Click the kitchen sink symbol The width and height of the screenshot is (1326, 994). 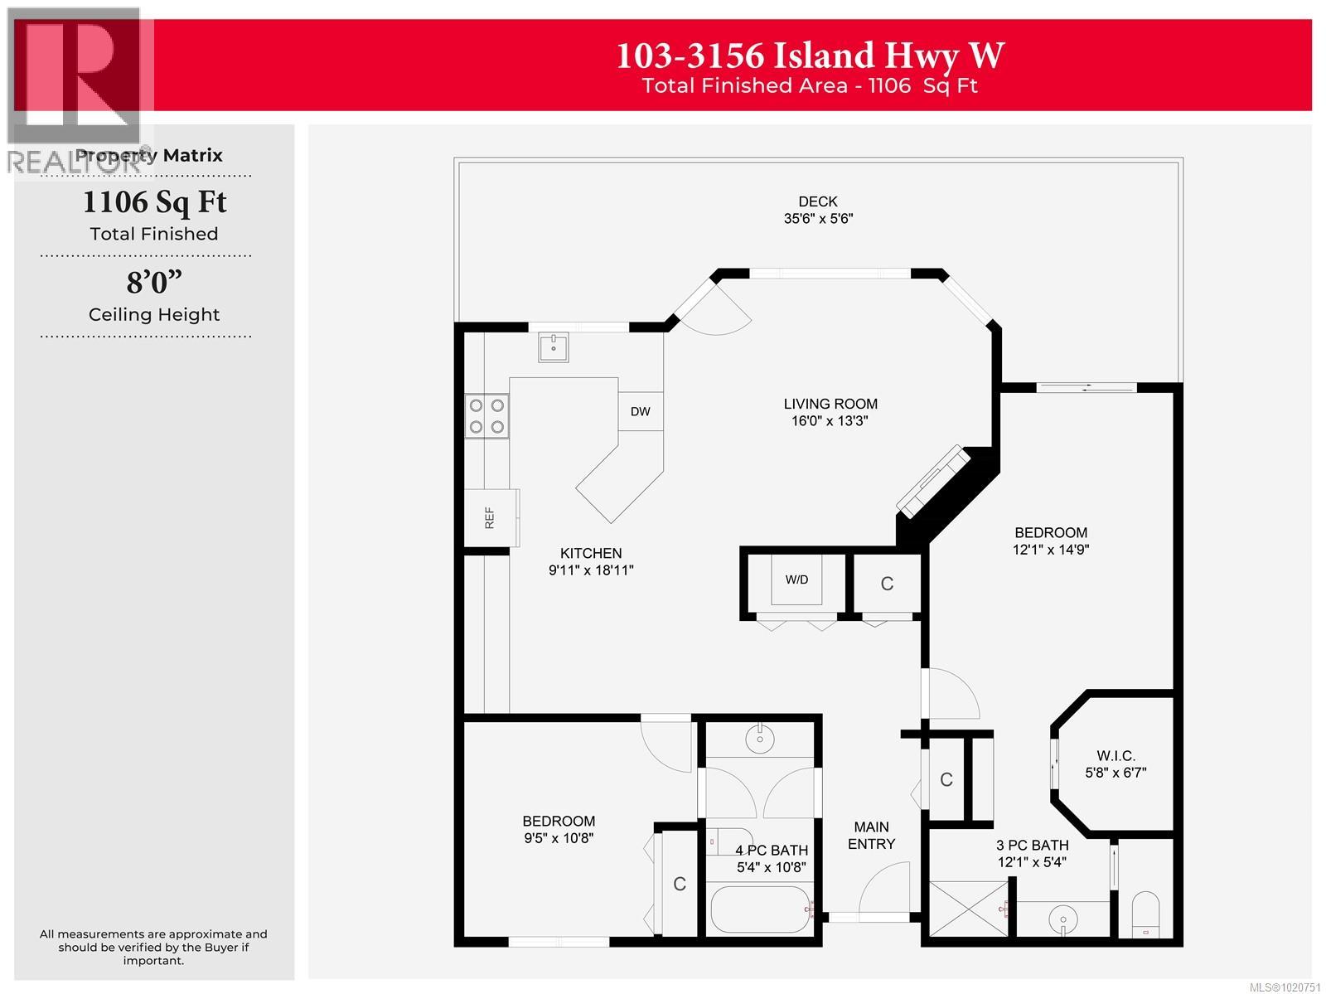tap(553, 347)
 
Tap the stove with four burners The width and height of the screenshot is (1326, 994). tap(486, 416)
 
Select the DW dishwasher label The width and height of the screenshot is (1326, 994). tap(640, 411)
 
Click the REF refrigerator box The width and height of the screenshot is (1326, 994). tap(491, 518)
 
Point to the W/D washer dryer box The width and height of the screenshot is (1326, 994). tap(796, 579)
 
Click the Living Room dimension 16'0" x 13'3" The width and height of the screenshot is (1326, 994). tap(830, 421)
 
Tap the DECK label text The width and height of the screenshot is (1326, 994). tap(818, 201)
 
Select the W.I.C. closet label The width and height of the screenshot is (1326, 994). tap(1115, 755)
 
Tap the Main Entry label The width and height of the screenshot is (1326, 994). tap(871, 835)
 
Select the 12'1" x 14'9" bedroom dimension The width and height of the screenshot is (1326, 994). tap(1051, 550)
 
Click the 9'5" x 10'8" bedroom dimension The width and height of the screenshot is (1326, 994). tap(559, 838)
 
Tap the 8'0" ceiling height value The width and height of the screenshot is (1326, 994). tap(154, 284)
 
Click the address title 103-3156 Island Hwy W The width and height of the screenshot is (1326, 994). tap(810, 56)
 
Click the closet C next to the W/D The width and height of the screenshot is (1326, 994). tap(887, 584)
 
